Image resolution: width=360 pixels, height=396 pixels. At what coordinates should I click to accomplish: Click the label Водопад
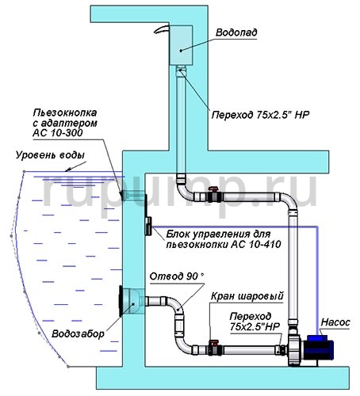click(236, 32)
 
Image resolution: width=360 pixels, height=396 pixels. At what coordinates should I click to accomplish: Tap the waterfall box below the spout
click(181, 45)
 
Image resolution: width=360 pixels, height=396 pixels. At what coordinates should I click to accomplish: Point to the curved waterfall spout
click(161, 29)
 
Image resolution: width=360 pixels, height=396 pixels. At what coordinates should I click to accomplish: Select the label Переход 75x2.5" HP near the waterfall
click(260, 115)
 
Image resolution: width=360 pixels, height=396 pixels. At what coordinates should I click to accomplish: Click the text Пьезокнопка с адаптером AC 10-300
click(65, 123)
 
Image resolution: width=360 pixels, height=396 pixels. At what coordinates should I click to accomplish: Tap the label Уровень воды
click(50, 155)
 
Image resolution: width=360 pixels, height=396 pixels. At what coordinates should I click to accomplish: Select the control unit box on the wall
click(148, 226)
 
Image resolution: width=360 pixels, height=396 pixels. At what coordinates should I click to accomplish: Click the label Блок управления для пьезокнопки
click(224, 239)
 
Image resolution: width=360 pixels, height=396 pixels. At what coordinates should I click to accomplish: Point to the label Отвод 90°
click(177, 276)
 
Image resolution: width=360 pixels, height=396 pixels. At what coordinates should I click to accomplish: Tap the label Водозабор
click(78, 333)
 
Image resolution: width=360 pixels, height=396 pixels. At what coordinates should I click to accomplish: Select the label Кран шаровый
click(247, 296)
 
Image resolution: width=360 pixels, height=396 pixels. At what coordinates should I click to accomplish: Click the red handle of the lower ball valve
click(213, 343)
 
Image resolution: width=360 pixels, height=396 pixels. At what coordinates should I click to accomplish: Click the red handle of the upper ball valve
click(213, 188)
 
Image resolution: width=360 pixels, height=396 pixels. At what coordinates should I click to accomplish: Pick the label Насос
click(335, 322)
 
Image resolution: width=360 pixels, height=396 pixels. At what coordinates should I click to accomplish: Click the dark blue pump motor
click(320, 348)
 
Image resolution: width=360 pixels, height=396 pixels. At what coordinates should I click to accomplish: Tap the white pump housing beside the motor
click(295, 348)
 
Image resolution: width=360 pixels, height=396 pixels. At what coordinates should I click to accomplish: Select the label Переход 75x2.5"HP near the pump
click(255, 322)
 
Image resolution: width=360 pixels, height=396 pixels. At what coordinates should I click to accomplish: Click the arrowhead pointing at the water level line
click(68, 169)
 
